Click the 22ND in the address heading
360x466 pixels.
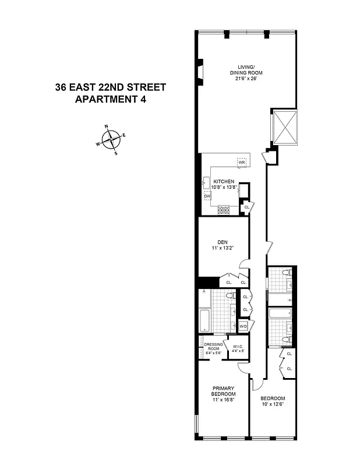[x=118, y=87]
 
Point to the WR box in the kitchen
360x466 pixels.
[x=242, y=161]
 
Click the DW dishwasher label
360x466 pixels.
[x=206, y=196]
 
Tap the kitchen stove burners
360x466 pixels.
[x=223, y=210]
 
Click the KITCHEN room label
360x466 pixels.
[x=223, y=181]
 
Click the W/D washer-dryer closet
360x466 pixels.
[x=243, y=326]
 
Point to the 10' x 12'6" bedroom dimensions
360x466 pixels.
[x=273, y=404]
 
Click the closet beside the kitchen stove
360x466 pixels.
[x=246, y=206]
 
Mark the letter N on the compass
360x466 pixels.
[x=107, y=126]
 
